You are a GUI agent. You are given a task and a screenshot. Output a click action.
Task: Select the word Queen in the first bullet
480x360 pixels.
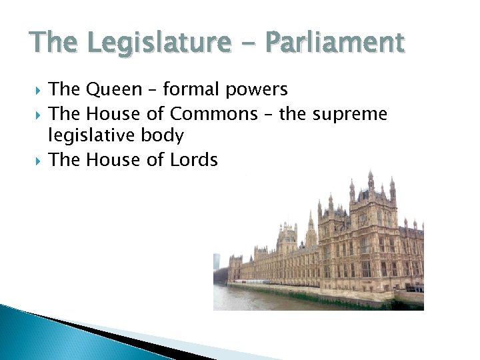(x=115, y=89)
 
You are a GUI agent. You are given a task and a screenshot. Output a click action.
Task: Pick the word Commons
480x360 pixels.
(x=213, y=113)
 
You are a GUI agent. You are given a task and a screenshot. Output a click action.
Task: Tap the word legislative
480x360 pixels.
(x=91, y=136)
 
